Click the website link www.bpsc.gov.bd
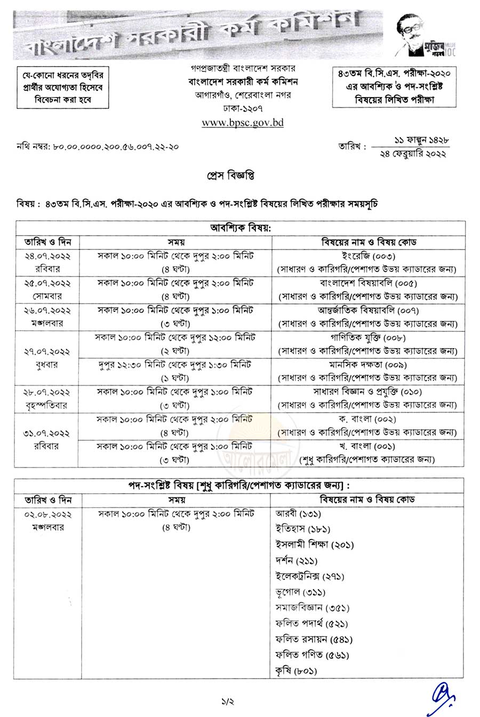click(242, 123)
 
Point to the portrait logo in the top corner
click(426, 34)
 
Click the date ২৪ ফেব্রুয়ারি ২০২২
click(414, 154)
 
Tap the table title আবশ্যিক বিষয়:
click(239, 228)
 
